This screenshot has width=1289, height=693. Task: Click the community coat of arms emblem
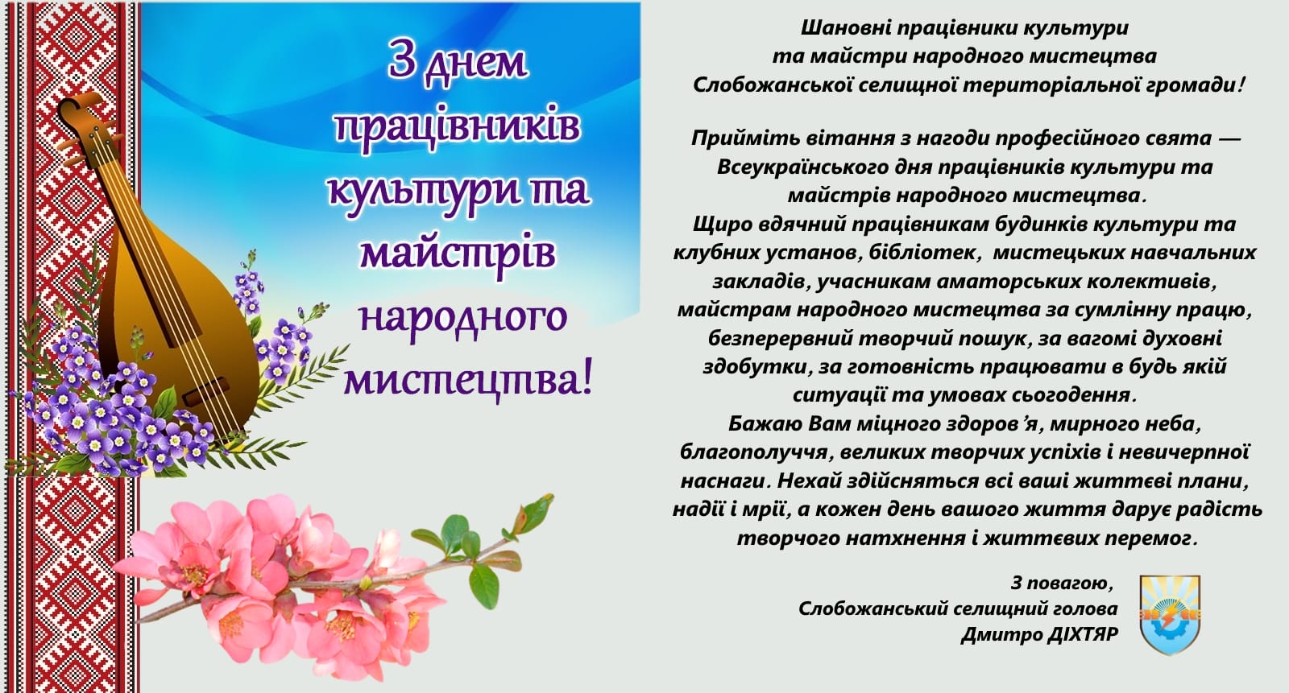(1170, 615)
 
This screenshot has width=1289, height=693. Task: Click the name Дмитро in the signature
(993, 635)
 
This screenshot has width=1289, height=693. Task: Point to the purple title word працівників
(458, 126)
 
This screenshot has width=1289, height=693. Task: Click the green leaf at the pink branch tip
(535, 514)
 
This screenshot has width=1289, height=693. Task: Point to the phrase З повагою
(1063, 584)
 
